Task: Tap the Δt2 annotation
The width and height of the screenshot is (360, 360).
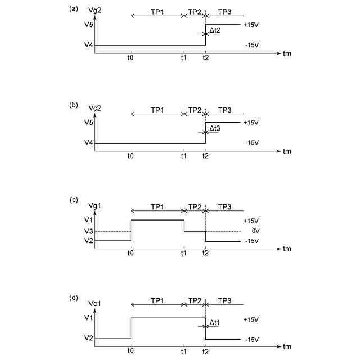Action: [214, 31]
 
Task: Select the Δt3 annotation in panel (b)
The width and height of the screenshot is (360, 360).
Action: [214, 129]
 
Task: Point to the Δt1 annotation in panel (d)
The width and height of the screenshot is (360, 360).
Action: [214, 323]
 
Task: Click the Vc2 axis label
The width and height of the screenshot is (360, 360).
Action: [105, 108]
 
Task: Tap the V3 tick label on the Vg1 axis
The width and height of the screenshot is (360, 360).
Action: [88, 231]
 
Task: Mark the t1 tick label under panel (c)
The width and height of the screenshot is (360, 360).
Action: [184, 254]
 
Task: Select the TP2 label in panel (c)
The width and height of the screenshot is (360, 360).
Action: [195, 207]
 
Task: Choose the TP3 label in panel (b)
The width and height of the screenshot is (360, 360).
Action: [224, 109]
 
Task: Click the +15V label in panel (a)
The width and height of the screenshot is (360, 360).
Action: [251, 25]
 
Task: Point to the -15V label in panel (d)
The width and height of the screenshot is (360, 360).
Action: [251, 339]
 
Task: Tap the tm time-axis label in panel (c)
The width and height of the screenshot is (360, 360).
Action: [287, 249]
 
